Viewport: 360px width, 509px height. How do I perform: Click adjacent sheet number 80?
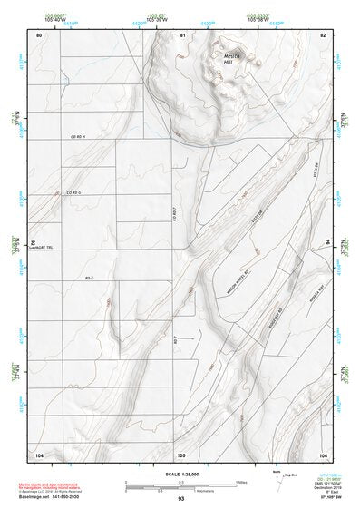pos(39,34)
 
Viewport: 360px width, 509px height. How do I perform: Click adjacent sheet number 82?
pos(322,34)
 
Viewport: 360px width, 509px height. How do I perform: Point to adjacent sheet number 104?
pos(39,454)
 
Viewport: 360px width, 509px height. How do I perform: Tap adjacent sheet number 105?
pos(180,454)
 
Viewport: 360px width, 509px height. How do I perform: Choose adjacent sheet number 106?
pos(322,454)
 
